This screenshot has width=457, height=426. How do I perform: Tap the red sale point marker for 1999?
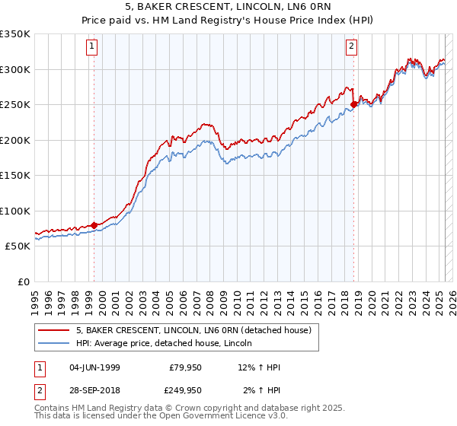[x=94, y=225]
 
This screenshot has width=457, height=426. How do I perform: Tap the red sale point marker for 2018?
[x=353, y=105]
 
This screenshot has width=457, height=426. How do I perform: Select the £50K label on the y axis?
[x=18, y=246]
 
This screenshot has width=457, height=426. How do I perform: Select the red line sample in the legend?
[x=54, y=331]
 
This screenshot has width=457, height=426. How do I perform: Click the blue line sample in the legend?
[x=54, y=344]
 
